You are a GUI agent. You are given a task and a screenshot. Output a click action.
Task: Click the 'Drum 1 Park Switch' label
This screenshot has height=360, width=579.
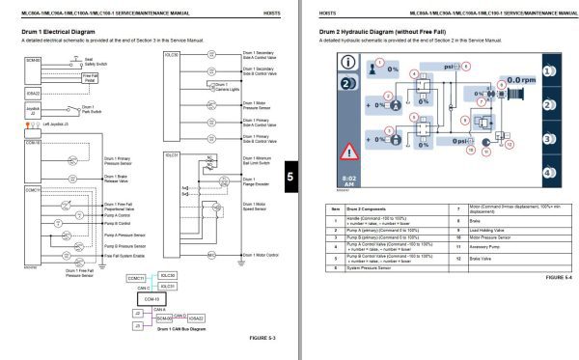pos(88,108)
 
